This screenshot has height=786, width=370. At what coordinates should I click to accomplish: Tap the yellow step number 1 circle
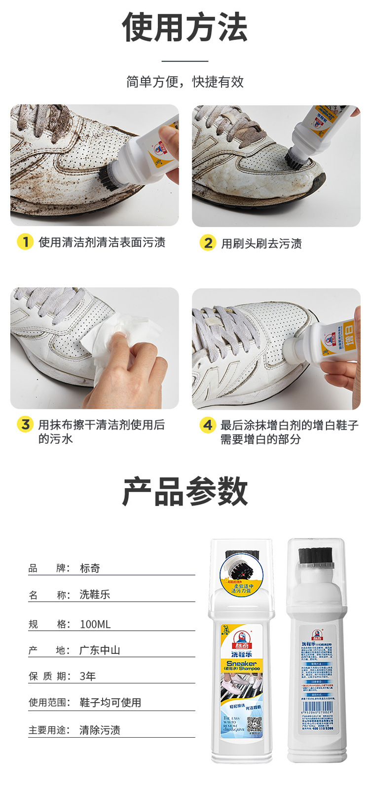pyautogui.click(x=25, y=242)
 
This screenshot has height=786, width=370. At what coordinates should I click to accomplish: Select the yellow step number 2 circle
pyautogui.click(x=208, y=243)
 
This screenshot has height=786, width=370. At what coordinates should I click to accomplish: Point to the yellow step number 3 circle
pyautogui.click(x=25, y=425)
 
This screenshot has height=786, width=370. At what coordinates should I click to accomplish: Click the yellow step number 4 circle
pyautogui.click(x=208, y=425)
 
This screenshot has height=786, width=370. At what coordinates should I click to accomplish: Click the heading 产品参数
pyautogui.click(x=185, y=492)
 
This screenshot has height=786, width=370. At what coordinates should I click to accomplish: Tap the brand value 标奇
pyautogui.click(x=90, y=568)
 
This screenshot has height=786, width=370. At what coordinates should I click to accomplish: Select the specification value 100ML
pyautogui.click(x=95, y=624)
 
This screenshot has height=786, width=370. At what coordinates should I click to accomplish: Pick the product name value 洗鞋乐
pyautogui.click(x=95, y=595)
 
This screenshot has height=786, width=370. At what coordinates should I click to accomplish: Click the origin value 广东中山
pyautogui.click(x=100, y=650)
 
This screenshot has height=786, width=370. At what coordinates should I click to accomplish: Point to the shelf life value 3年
pyautogui.click(x=88, y=676)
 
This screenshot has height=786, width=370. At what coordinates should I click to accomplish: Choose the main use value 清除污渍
pyautogui.click(x=100, y=730)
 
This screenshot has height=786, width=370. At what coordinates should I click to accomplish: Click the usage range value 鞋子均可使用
pyautogui.click(x=111, y=702)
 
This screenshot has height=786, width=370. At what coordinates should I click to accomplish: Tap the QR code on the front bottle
pyautogui.click(x=254, y=725)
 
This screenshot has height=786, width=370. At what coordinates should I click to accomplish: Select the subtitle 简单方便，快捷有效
pyautogui.click(x=185, y=81)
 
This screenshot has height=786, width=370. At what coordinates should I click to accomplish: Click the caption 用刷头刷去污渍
pyautogui.click(x=261, y=243)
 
